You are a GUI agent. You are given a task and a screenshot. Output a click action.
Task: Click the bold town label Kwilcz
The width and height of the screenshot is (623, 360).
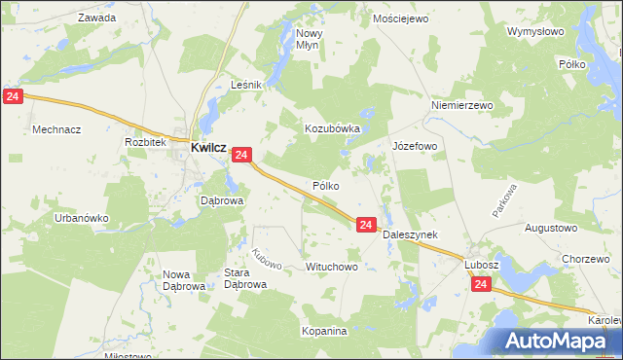(209, 147)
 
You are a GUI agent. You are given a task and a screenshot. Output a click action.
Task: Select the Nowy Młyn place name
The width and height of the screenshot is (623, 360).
(310, 38)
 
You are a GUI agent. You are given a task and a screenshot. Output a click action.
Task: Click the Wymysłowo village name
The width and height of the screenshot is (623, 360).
(535, 31)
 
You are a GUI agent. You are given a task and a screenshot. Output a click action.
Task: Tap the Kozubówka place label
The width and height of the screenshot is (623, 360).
(333, 127)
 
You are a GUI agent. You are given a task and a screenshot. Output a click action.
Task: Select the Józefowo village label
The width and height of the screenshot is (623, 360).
(415, 146)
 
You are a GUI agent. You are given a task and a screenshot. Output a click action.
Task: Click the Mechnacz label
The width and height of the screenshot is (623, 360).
(56, 128)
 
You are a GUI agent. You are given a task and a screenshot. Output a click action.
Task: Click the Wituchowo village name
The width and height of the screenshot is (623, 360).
(332, 266)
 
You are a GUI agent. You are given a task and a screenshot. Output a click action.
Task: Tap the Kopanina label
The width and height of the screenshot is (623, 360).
(324, 331)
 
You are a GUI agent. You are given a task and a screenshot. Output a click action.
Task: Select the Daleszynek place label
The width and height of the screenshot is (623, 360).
(410, 234)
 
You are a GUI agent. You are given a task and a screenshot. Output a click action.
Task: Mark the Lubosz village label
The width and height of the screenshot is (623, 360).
(481, 264)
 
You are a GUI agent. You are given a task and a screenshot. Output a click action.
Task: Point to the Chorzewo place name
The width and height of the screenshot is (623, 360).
(586, 258)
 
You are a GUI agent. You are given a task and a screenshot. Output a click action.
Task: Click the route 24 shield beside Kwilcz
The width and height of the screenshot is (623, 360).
(243, 155)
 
